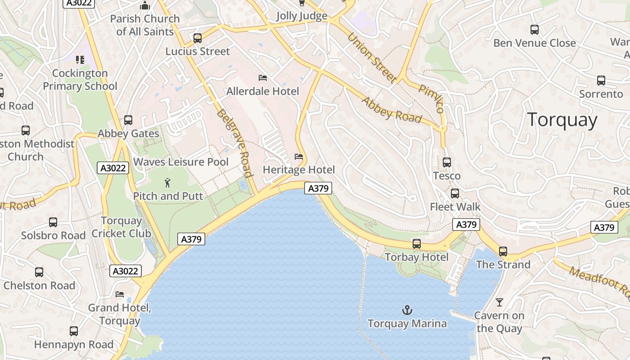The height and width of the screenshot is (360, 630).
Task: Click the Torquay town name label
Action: click(562, 120)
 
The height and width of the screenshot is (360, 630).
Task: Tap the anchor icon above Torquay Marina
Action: click(407, 310)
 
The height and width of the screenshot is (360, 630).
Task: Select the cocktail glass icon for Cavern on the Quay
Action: click(499, 302)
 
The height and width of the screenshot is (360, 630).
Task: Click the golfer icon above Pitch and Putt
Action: click(168, 183)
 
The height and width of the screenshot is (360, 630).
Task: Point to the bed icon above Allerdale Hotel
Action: click(263, 78)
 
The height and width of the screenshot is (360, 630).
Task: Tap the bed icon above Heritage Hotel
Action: click(299, 157)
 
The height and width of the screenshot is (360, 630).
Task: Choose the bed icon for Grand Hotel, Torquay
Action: click(120, 294)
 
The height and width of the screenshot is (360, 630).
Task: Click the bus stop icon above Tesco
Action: click(447, 162)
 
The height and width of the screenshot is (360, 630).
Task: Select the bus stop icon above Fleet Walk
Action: click(455, 193)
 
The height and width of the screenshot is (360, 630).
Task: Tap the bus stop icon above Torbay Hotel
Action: click(417, 244)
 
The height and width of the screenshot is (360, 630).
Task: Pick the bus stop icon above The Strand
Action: click(503, 251)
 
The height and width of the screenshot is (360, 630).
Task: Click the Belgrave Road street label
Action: click(234, 143)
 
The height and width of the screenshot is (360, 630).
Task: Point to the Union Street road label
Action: click(372, 58)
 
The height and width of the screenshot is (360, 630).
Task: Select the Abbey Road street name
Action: click(391, 110)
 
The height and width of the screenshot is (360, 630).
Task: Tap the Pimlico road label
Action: click(431, 98)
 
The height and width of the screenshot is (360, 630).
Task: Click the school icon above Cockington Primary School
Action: click(80, 60)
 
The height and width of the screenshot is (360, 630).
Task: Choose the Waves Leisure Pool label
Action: click(181, 162)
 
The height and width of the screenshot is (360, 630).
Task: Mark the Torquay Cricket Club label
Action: click(121, 227)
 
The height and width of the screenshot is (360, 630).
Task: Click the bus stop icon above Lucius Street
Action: click(198, 38)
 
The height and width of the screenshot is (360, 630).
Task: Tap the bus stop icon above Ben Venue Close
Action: click(535, 30)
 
